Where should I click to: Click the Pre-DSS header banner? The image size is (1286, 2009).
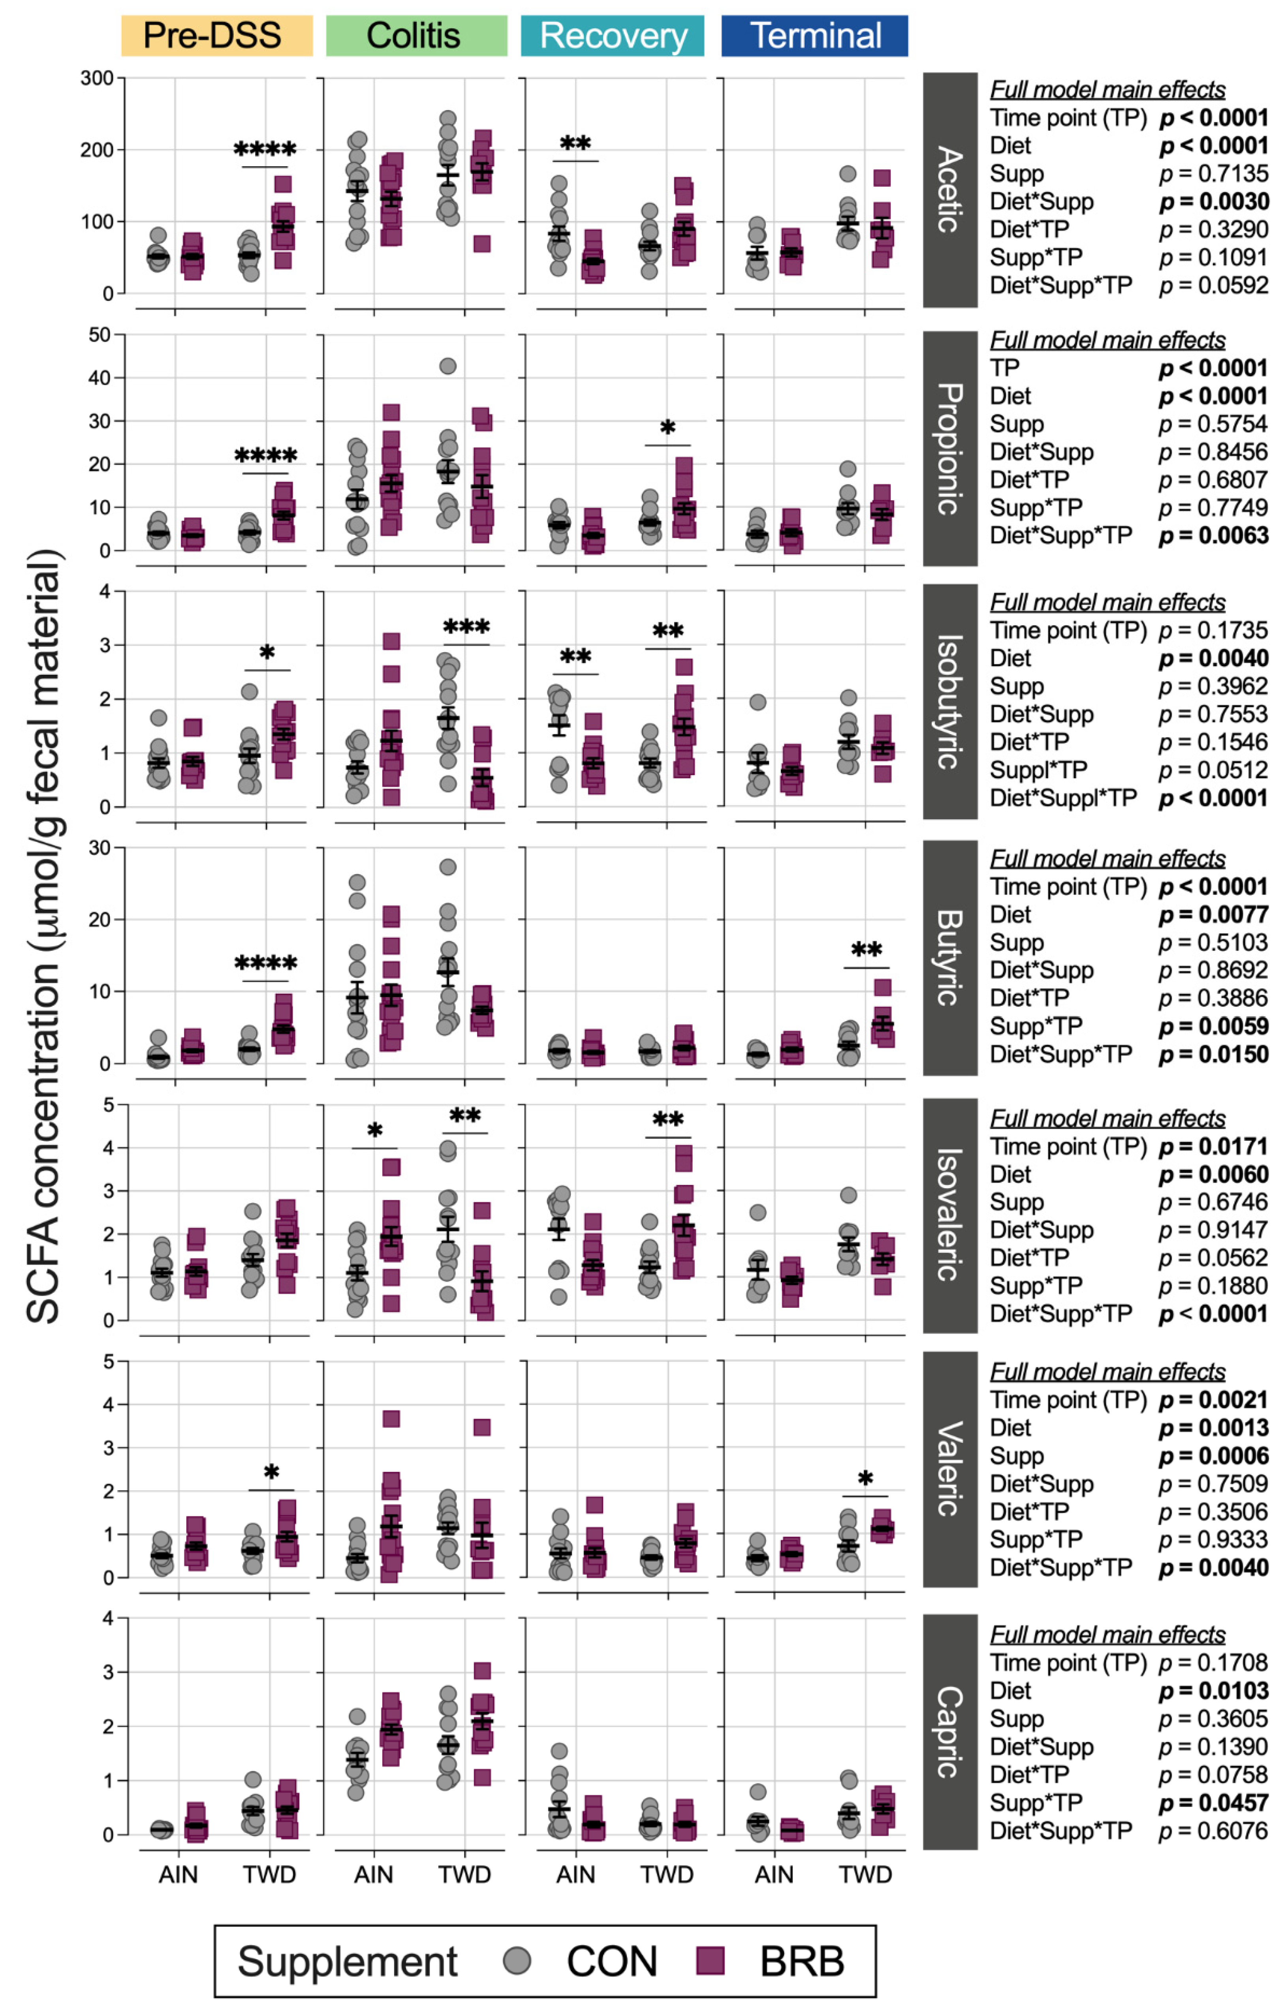tap(216, 36)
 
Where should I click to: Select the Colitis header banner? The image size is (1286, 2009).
tap(416, 36)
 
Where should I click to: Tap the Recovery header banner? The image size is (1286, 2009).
tap(612, 36)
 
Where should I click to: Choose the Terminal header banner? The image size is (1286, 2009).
tap(814, 36)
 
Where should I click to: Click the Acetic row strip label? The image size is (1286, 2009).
tap(949, 190)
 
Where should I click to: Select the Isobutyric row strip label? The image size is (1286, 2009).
tap(949, 701)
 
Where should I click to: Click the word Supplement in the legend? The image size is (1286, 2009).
tap(348, 1962)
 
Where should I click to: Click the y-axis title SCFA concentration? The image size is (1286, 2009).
tap(43, 935)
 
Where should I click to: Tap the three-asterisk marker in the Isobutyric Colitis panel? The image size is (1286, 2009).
tap(466, 627)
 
